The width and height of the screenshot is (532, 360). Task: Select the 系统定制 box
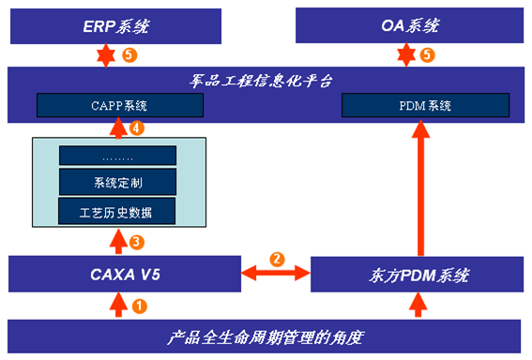point(117,181)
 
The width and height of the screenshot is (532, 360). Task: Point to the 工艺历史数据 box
point(117,211)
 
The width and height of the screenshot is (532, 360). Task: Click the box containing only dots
point(117,156)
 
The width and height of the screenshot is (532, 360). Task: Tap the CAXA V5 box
point(117,275)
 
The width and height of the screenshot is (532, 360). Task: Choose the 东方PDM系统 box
point(415,275)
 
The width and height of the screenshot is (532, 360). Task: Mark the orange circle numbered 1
point(139,305)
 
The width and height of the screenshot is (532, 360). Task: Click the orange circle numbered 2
point(277,258)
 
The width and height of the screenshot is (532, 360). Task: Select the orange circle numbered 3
point(137,242)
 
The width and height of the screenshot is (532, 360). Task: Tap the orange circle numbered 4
point(137,127)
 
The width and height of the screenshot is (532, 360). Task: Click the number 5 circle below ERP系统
point(129,54)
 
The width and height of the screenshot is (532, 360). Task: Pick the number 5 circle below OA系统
point(428,54)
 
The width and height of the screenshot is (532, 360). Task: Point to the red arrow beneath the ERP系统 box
point(105,54)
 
